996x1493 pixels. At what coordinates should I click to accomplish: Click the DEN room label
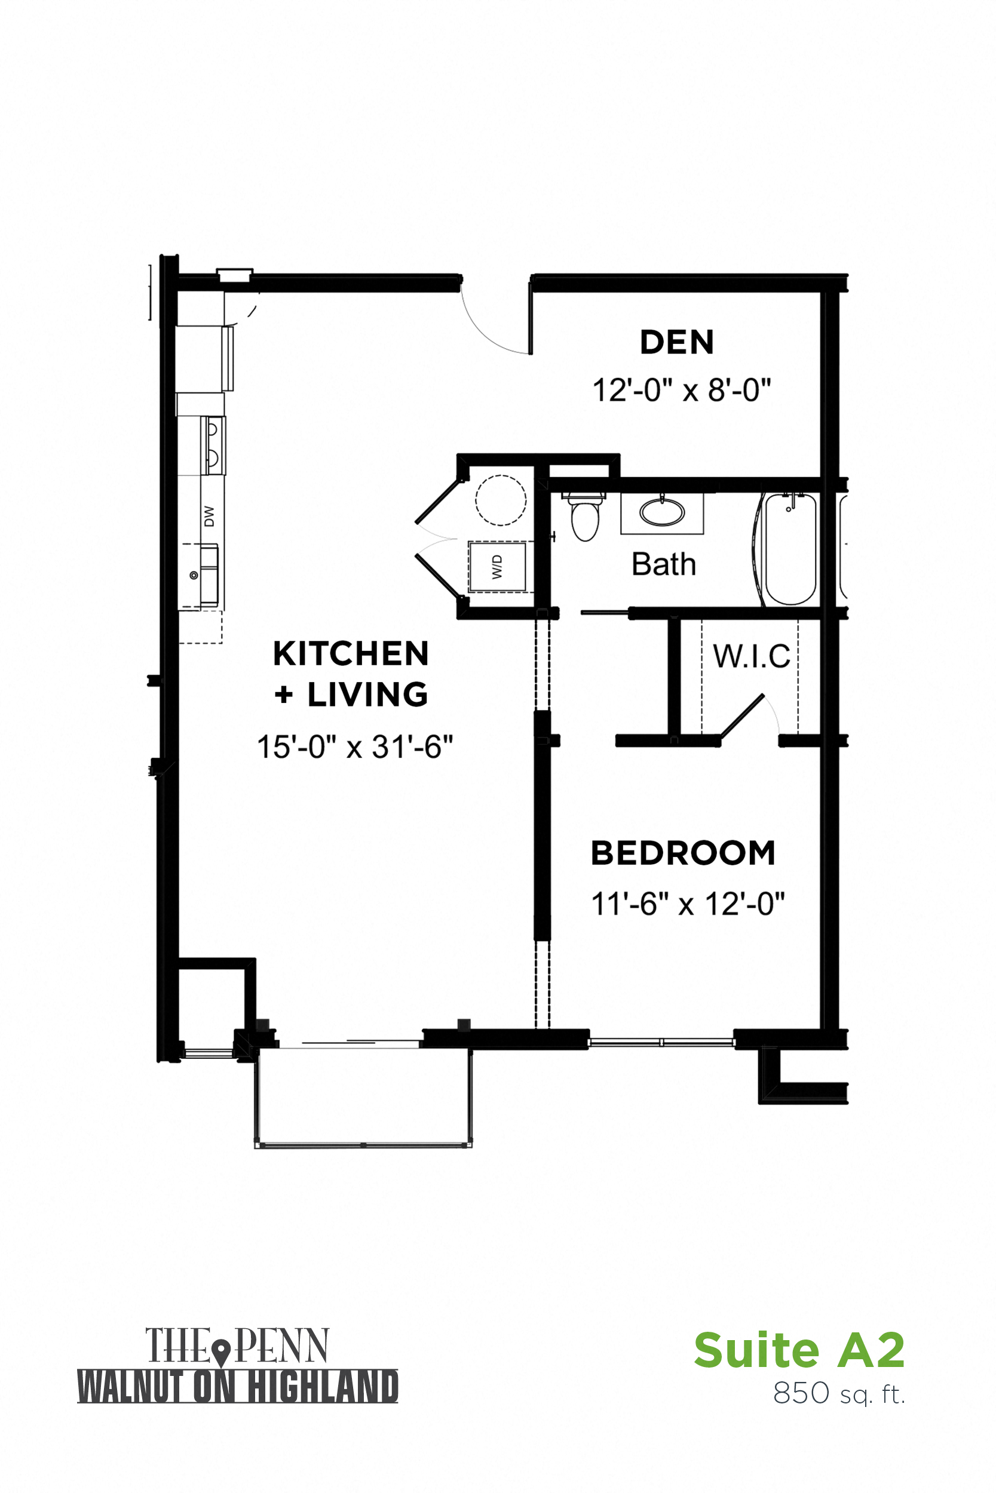point(676,343)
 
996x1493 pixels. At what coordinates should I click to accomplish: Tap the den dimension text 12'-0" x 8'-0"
point(681,390)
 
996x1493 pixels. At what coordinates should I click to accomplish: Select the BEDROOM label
point(683,853)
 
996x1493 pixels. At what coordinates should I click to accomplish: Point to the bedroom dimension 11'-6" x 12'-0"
point(687,904)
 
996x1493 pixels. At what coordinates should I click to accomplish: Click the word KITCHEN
point(351,654)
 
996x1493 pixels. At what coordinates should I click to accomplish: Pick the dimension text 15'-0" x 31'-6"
point(354,747)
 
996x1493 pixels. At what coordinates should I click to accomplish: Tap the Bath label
point(663,564)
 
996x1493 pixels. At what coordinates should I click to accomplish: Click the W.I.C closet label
point(752,656)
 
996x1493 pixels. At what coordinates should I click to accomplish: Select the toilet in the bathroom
point(585,517)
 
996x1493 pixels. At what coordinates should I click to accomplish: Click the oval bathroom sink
point(662,512)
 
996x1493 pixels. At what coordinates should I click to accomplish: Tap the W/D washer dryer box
point(497,567)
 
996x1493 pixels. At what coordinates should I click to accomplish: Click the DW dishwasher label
point(210,516)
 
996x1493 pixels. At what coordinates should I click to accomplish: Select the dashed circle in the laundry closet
point(501,500)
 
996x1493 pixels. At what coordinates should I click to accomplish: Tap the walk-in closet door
point(742,717)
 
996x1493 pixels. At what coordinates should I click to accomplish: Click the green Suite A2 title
point(798,1350)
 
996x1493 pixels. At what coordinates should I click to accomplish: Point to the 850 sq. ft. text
point(838,1393)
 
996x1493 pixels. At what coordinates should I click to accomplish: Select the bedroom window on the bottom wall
point(661,1042)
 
